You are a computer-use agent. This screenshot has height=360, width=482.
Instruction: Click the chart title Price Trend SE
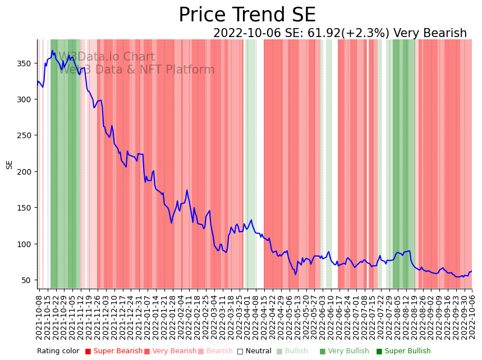247,15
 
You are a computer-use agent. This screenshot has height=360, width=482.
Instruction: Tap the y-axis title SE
10,165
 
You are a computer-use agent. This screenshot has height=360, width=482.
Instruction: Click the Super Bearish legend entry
114,352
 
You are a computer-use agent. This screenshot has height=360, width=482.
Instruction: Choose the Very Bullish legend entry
344,352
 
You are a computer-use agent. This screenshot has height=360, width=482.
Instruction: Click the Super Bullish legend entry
403,352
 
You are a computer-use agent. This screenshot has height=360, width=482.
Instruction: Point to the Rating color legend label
58,352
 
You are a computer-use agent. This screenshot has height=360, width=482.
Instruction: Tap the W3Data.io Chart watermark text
107,57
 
